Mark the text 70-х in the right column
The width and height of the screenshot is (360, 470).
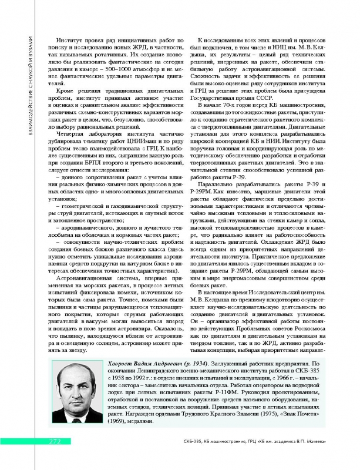click(237, 104)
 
